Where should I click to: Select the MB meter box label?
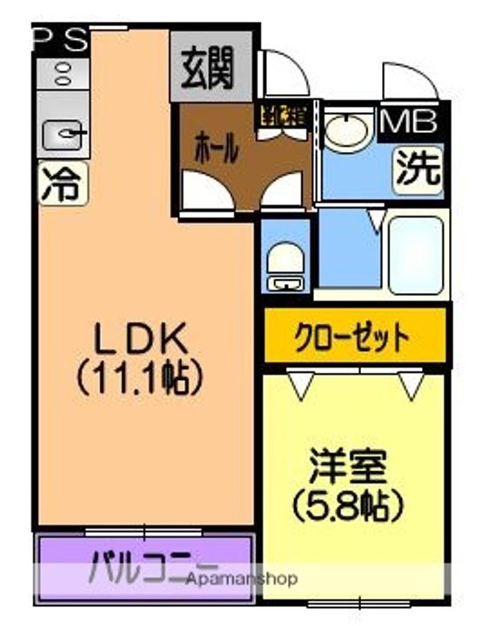(410, 122)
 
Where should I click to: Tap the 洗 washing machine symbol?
(418, 167)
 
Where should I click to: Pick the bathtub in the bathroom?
(413, 252)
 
